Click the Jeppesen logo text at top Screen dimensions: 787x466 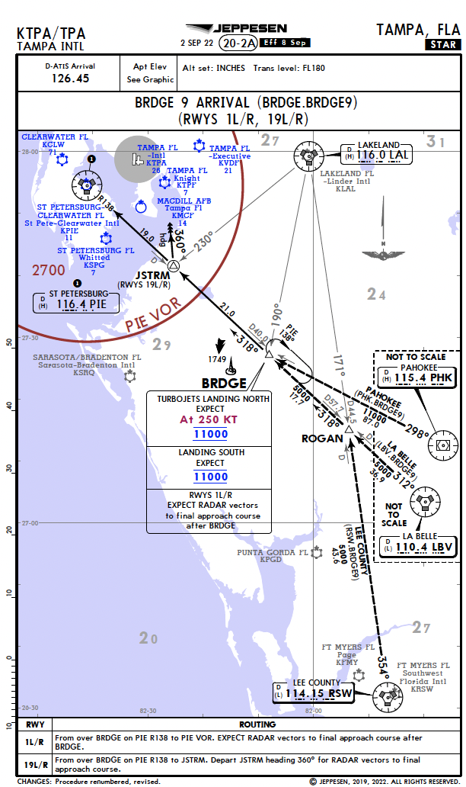click(252, 28)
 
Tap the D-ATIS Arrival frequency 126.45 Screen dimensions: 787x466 click(70, 78)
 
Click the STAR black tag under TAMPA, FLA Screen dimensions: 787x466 click(442, 44)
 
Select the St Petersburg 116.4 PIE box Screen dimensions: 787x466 click(76, 303)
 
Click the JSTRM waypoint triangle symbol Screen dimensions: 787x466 click(174, 265)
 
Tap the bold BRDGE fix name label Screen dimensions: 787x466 click(224, 383)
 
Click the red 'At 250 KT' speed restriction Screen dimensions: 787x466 click(209, 419)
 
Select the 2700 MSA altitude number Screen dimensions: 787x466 click(49, 270)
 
